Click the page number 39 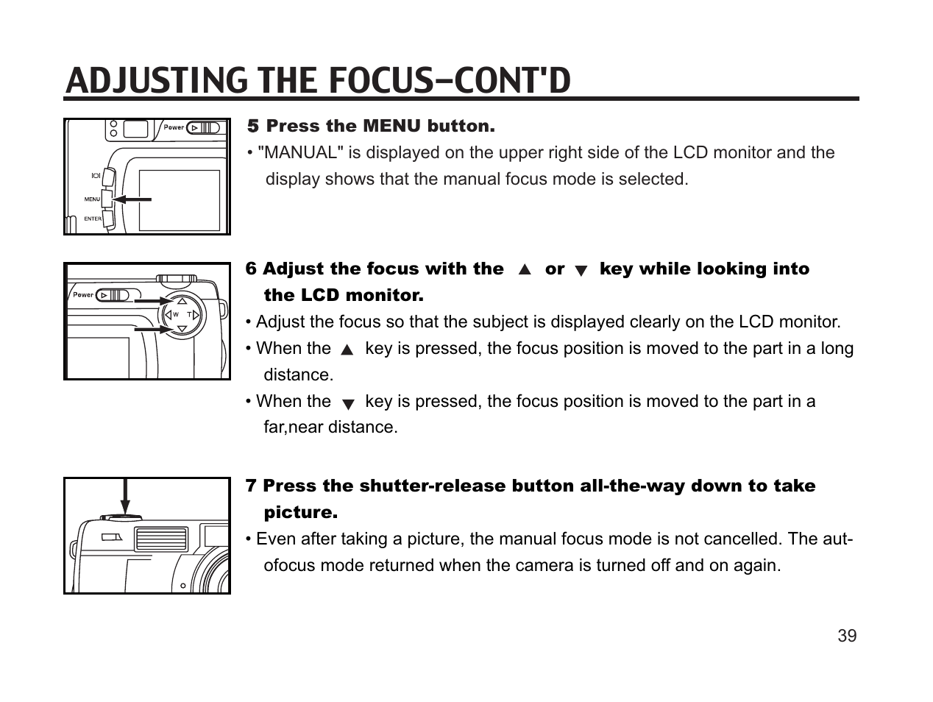(847, 636)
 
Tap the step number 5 (253, 127)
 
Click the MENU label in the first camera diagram (92, 199)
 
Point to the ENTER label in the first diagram (93, 219)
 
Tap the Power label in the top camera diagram (174, 127)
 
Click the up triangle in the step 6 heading (525, 270)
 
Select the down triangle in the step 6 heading (581, 271)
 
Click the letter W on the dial (175, 315)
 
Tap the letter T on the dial (189, 315)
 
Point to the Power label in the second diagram (83, 295)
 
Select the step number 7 (251, 486)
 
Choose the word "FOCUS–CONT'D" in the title (449, 81)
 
